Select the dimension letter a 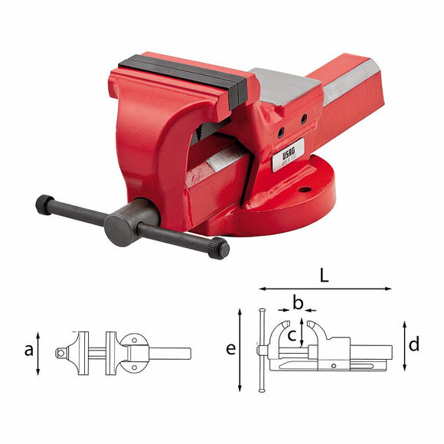pos(29,350)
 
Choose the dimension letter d pos(414,344)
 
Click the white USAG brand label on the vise pos(289,151)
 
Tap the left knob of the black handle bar pos(44,204)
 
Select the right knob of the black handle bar pos(220,248)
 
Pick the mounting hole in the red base pos(305,188)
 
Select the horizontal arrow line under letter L pos(325,289)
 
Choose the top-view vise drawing pos(122,352)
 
